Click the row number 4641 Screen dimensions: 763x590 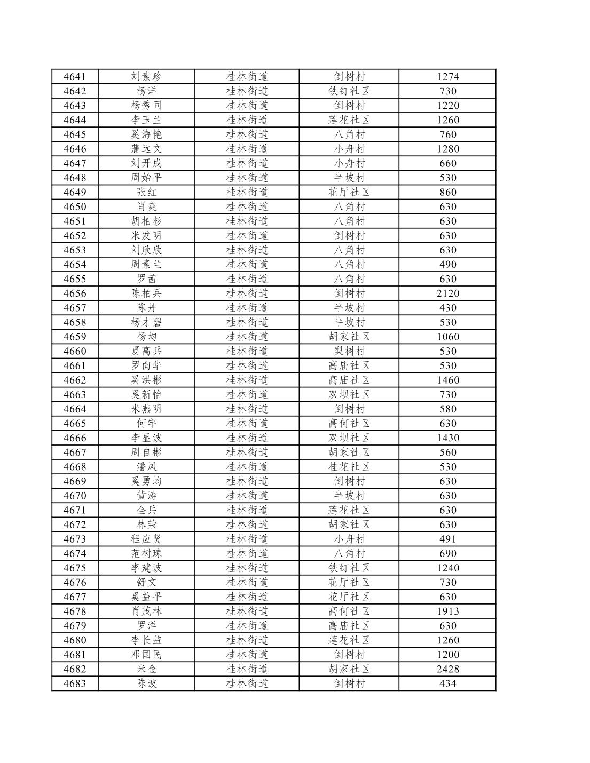pos(75,77)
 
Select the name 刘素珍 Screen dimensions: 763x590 pos(146,77)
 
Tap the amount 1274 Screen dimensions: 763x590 pos(447,77)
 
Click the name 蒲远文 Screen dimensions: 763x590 pos(146,149)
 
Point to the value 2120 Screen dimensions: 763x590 pos(447,293)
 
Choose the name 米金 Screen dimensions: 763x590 pos(146,669)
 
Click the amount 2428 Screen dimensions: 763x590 pos(447,669)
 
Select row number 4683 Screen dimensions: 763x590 pos(75,683)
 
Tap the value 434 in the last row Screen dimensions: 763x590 pos(447,683)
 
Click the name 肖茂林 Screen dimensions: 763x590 pos(146,611)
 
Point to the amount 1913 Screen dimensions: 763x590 pos(447,611)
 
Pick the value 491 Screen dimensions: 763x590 pos(447,539)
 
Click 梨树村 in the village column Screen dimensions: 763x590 pos(349,351)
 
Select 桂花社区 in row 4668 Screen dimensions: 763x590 pos(349,467)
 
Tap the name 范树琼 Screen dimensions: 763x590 pos(146,553)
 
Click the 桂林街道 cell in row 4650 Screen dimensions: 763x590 pos(247,206)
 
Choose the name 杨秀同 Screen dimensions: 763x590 pos(146,106)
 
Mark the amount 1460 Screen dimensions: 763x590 pos(447,380)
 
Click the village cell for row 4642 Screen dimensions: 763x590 pos(349,91)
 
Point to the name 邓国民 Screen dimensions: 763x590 pos(146,655)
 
